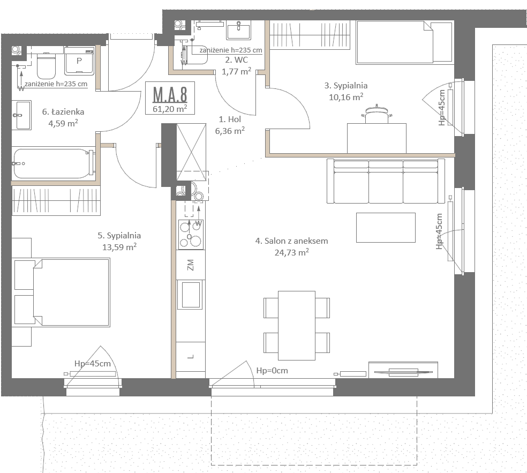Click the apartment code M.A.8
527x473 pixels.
coord(170,94)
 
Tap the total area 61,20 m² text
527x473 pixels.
coord(170,109)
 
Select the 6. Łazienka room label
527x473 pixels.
coord(63,111)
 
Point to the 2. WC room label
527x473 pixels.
coord(237,60)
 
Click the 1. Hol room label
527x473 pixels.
coord(230,119)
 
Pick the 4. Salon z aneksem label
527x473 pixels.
coord(292,241)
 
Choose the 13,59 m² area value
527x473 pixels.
coord(119,247)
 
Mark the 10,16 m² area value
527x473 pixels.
coord(346,97)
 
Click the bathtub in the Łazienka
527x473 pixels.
coord(54,164)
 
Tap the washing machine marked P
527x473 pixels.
coord(79,61)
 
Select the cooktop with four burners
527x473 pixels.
coord(191,234)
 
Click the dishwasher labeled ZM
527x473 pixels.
coord(191,265)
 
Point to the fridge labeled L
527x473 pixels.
coord(191,356)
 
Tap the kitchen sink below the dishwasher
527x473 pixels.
coord(191,295)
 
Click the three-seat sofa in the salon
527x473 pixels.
coord(386,181)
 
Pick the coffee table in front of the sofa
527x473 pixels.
coord(386,228)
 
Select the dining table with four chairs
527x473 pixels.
coord(297,325)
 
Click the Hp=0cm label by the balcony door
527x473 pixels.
coord(272,371)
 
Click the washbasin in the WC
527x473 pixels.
coord(239,30)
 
